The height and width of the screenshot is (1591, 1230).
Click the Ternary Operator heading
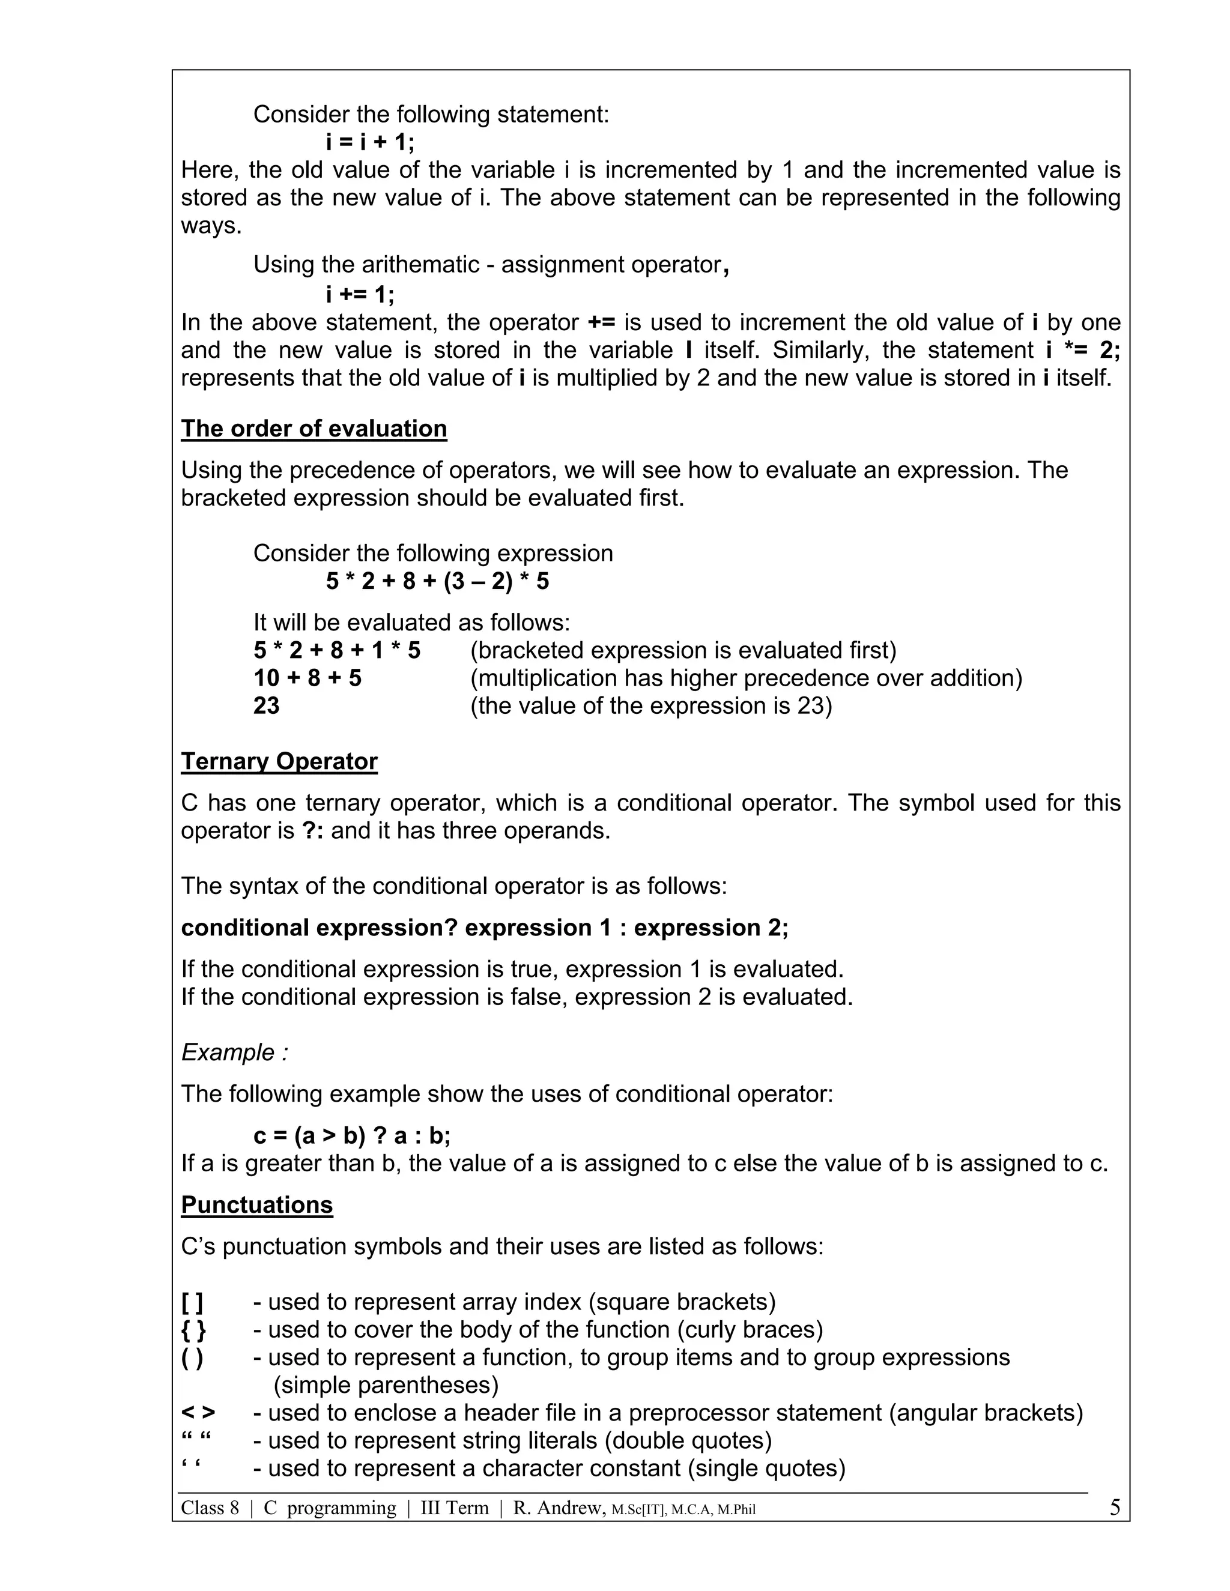click(x=279, y=761)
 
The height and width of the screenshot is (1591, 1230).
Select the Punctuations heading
click(x=256, y=1205)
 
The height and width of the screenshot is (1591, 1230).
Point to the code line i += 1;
click(x=360, y=294)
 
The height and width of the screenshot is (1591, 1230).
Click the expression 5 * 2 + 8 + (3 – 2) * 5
click(x=437, y=581)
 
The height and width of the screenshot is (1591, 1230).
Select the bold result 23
click(x=267, y=706)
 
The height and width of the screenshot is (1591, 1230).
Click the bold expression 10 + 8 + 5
click(x=307, y=678)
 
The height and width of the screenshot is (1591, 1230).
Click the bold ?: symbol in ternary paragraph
click(x=312, y=830)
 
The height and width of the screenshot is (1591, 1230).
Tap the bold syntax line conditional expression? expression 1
click(x=485, y=928)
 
